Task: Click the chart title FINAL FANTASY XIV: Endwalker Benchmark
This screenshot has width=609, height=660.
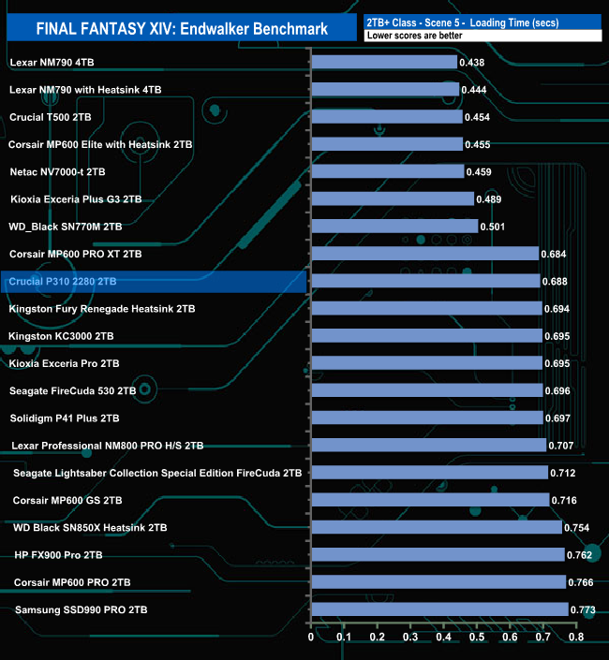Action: [182, 28]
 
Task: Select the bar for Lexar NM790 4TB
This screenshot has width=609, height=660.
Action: [383, 62]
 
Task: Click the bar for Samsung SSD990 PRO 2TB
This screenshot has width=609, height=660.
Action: [439, 609]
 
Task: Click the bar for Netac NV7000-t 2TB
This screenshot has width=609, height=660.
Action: [387, 171]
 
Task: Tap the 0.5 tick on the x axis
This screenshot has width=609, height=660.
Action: [476, 638]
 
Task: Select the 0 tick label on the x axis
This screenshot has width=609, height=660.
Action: [311, 638]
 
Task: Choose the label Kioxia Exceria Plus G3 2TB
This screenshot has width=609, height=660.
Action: [76, 199]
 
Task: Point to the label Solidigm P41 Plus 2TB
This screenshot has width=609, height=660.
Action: [65, 418]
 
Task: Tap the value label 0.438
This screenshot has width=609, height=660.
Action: [472, 62]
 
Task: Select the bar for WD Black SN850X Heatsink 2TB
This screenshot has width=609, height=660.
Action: [436, 527]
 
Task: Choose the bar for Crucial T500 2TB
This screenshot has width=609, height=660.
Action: [386, 117]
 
